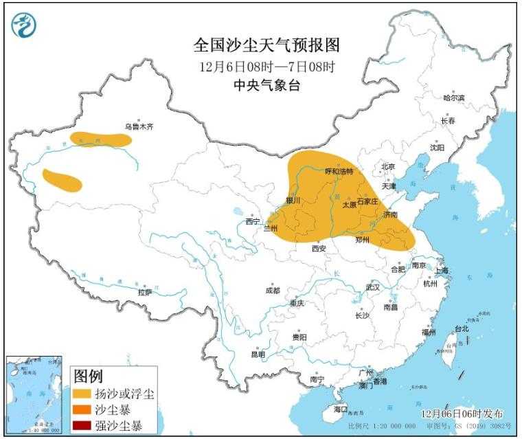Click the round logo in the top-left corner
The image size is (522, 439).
24,25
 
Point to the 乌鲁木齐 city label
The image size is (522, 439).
139,126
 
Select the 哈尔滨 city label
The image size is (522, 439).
453,98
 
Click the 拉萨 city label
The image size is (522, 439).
144,292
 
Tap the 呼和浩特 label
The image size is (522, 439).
338,171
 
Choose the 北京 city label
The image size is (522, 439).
388,166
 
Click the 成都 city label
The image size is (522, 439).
272,291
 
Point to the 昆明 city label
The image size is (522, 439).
258,354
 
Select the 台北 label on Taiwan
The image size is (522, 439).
461,328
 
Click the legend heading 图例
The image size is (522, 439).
88,376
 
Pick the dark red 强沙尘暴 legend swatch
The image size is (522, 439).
83,427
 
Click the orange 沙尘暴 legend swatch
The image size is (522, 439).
83,410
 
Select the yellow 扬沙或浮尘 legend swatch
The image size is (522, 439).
83,394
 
